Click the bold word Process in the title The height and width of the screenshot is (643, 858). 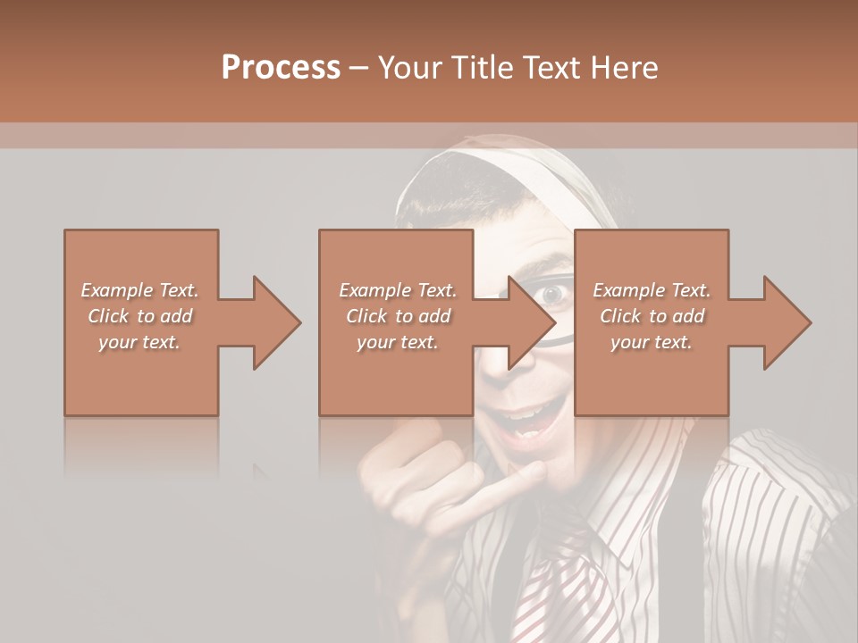pos(281,68)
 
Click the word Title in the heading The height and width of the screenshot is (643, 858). pos(481,68)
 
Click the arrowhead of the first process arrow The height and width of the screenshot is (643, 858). pos(277,322)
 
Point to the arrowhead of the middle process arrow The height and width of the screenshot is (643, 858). pos(533,322)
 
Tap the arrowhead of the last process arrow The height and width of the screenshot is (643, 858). pos(787,322)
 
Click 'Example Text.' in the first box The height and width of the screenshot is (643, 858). pos(139,290)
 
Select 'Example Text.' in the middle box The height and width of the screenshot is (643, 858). pos(397,290)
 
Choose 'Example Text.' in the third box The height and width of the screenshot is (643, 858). pos(652,290)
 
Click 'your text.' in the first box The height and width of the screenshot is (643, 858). pos(139,342)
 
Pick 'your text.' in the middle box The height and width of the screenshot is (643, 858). pos(397,342)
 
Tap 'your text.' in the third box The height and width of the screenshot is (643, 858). pos(652,342)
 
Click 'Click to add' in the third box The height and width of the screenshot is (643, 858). pos(652,316)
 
